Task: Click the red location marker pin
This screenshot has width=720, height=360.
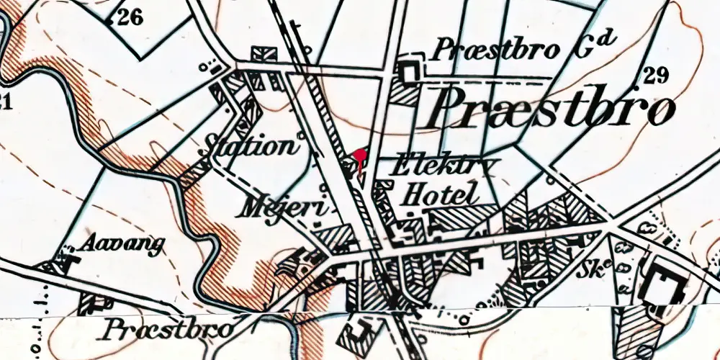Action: tap(359, 156)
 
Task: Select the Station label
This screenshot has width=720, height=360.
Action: tap(251, 146)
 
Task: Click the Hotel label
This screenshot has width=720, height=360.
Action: tap(439, 194)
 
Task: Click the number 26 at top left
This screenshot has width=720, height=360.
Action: tap(130, 18)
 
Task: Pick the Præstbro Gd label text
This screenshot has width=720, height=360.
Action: tap(523, 50)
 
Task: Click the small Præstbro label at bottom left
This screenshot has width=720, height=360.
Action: tap(169, 330)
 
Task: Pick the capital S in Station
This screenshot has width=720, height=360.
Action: tap(215, 145)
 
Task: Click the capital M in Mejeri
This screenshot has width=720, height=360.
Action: tap(253, 206)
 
